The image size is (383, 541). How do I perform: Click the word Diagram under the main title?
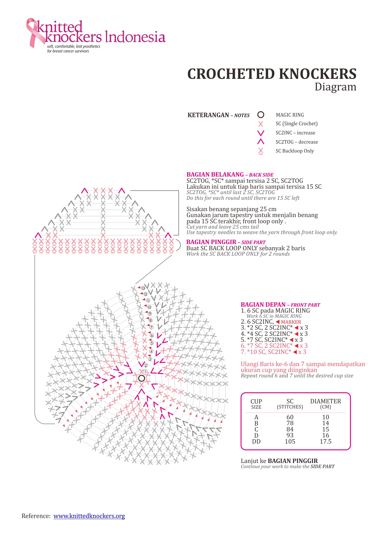335,87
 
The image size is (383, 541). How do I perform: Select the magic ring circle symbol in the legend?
261,115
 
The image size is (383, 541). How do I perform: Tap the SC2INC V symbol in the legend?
261,133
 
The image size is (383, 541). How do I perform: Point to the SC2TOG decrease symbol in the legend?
261,142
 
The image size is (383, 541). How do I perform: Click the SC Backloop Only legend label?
295,151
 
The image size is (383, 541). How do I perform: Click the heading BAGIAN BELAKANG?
215,174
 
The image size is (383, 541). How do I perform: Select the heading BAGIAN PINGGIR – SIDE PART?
226,242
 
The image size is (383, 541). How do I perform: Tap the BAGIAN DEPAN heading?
263,305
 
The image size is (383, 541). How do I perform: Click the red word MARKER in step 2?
291,322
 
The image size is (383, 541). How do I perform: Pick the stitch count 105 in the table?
290,441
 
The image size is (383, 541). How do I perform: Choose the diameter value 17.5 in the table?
325,441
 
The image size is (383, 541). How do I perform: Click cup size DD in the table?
256,441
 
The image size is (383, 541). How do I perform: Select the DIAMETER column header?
325,401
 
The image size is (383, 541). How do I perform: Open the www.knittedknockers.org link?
89,516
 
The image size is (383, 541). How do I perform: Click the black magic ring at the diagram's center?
141,378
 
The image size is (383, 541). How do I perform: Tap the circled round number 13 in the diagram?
143,288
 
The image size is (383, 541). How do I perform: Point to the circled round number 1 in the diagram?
145,371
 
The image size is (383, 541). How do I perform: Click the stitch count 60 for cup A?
290,417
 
